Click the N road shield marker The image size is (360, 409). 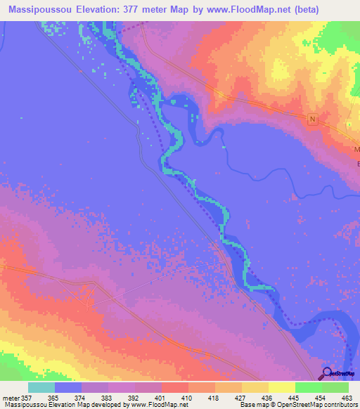pyautogui.click(x=313, y=119)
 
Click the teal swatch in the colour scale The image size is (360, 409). pyautogui.click(x=41, y=387)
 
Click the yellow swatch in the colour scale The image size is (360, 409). pyautogui.click(x=282, y=387)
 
